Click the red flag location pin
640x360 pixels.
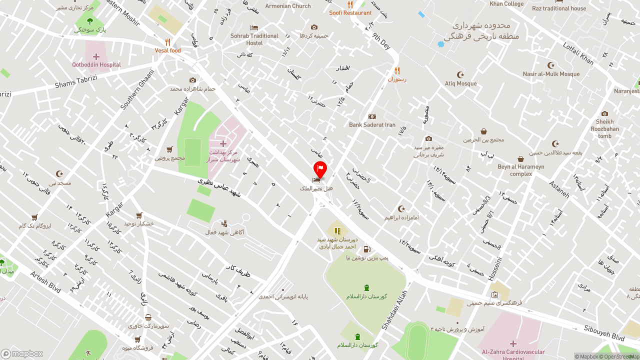click(x=320, y=169)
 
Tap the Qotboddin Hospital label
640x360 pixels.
click(x=96, y=65)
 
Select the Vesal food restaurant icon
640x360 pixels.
click(x=168, y=42)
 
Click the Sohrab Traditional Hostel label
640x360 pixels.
click(x=254, y=39)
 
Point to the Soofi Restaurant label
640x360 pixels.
click(x=350, y=12)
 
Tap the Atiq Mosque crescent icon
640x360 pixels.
click(x=460, y=74)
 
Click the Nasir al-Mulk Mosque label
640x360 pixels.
click(x=551, y=74)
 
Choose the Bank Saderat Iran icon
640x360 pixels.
click(x=372, y=116)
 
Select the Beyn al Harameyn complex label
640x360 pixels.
click(x=521, y=170)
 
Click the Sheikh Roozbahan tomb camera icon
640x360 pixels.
click(x=604, y=113)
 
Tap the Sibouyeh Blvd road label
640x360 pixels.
click(x=604, y=332)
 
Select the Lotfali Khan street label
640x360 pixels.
click(x=578, y=53)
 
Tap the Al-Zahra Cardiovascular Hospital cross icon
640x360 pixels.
click(x=513, y=343)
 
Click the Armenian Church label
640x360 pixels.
click(x=288, y=6)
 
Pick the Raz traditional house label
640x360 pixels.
click(x=559, y=8)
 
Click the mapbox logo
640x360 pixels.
click(x=22, y=353)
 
